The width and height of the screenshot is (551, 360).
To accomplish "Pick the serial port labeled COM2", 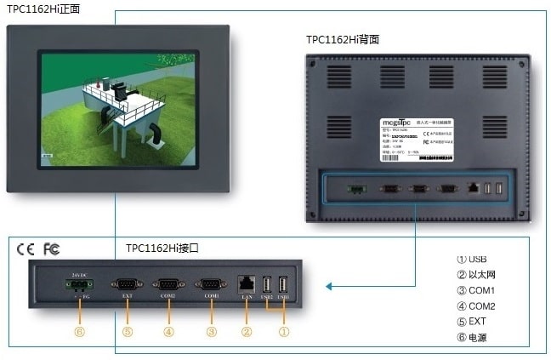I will point(168,287).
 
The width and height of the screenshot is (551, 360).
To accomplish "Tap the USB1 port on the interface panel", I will point(283,284).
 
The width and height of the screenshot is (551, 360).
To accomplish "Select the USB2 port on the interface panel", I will point(266,284).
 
